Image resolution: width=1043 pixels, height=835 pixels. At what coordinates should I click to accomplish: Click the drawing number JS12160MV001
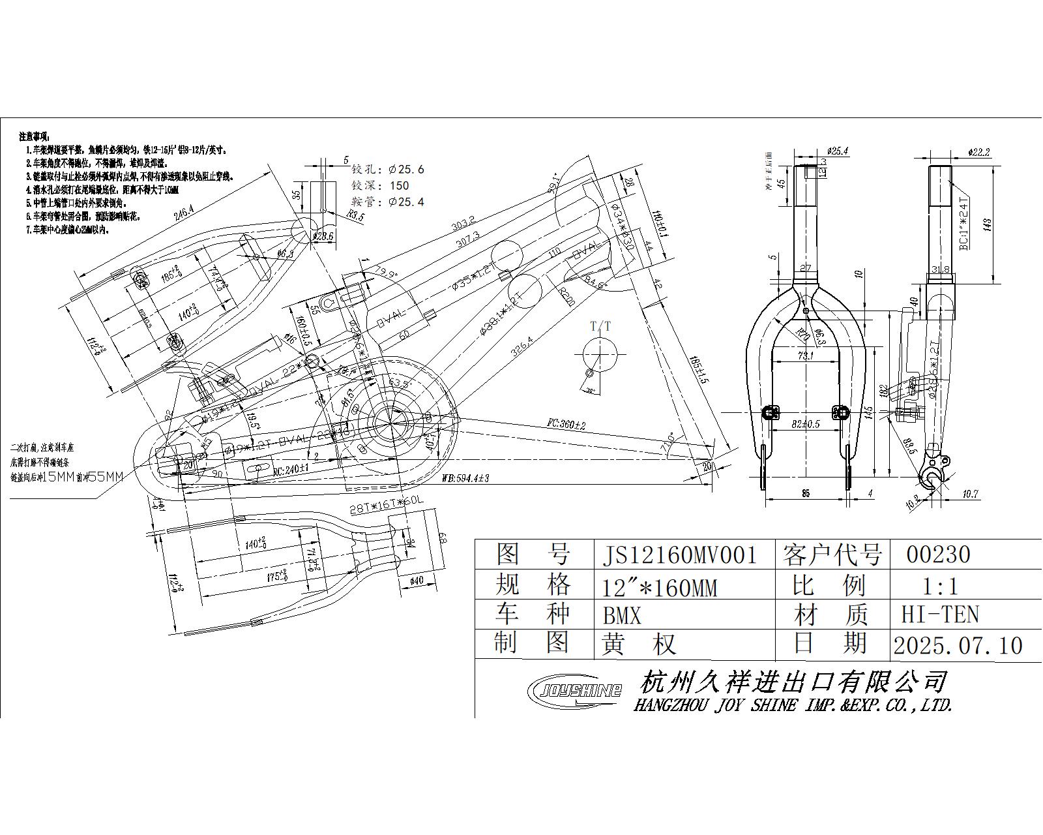click(679, 555)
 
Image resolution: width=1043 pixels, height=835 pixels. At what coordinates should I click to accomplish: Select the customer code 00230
click(938, 554)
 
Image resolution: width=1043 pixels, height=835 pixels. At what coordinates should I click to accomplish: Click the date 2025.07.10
click(958, 646)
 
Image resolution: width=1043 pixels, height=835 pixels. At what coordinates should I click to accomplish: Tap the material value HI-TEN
click(940, 615)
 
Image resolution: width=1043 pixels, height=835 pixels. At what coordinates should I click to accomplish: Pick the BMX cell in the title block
click(622, 615)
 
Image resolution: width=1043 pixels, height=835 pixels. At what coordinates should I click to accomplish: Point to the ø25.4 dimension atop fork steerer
click(836, 151)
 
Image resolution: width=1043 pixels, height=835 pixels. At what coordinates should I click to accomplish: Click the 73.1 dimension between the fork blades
click(806, 356)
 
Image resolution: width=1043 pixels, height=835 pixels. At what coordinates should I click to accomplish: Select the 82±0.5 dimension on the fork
click(806, 424)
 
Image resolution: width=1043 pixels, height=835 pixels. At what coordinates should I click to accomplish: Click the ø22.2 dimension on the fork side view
click(979, 153)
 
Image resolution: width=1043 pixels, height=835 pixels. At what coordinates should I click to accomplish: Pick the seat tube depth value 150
click(399, 186)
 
